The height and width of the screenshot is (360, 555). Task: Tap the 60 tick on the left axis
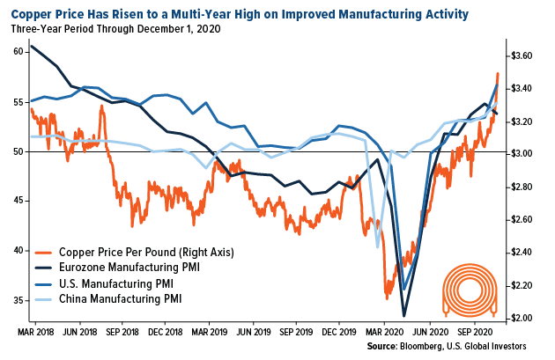click(17, 52)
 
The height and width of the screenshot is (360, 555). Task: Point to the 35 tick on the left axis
click(17, 300)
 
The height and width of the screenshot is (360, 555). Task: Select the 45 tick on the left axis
click(17, 201)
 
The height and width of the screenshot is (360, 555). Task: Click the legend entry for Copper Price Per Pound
click(145, 252)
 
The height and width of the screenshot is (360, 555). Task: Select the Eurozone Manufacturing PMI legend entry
click(131, 268)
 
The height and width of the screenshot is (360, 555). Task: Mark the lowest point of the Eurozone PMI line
click(403, 315)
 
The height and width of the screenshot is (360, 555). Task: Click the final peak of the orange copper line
click(498, 73)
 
